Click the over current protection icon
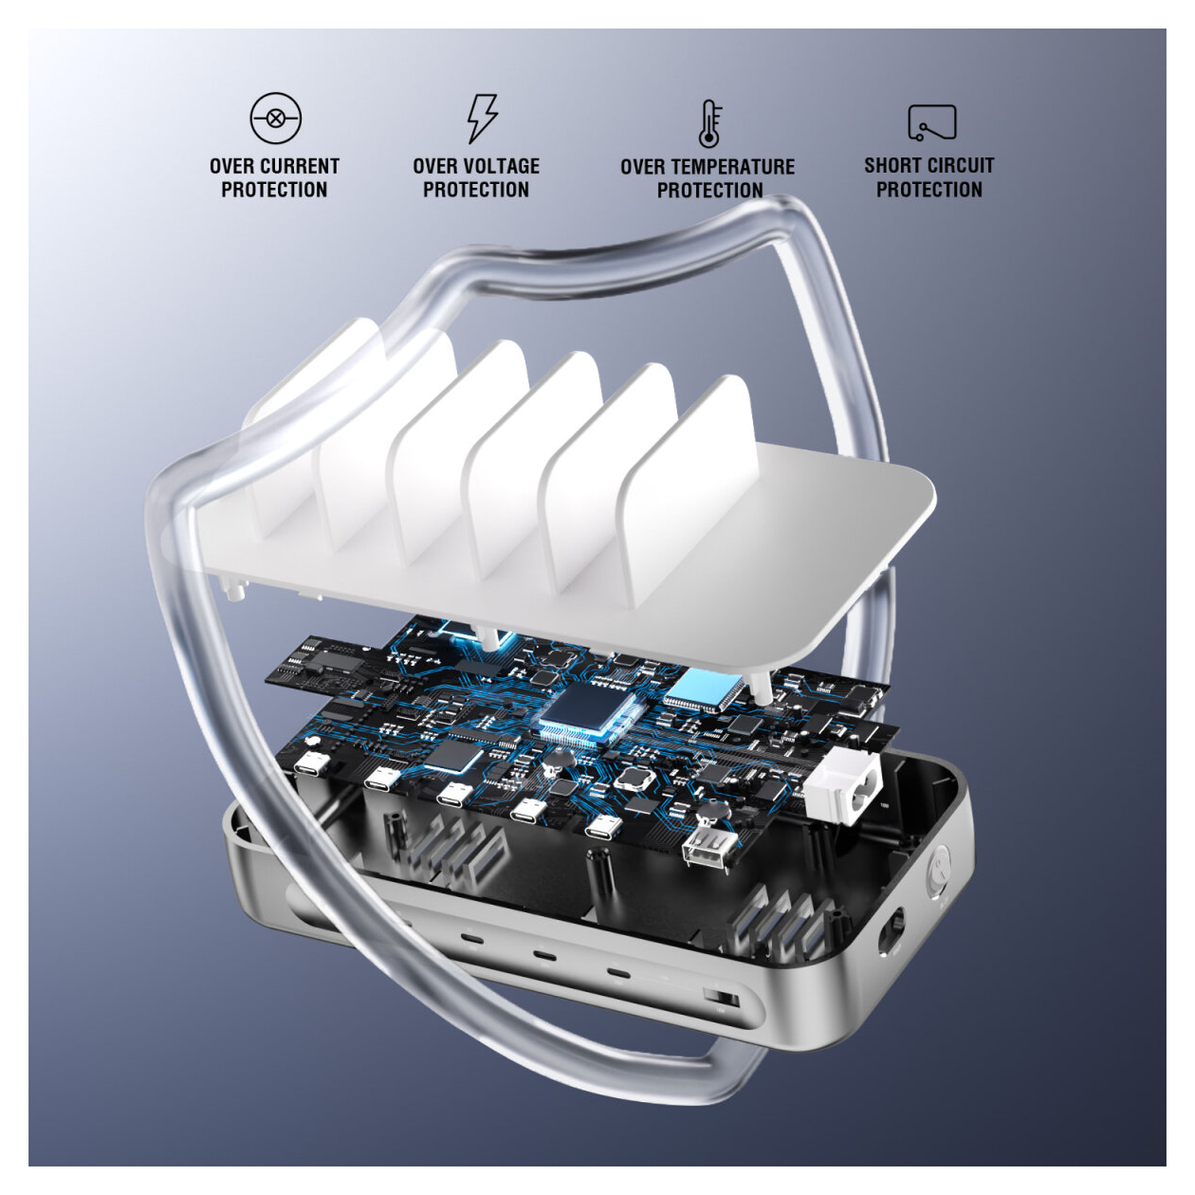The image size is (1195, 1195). (275, 118)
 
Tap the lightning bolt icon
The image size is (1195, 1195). (481, 118)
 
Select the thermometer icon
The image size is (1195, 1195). (709, 123)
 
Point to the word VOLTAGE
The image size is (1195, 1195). (500, 167)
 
